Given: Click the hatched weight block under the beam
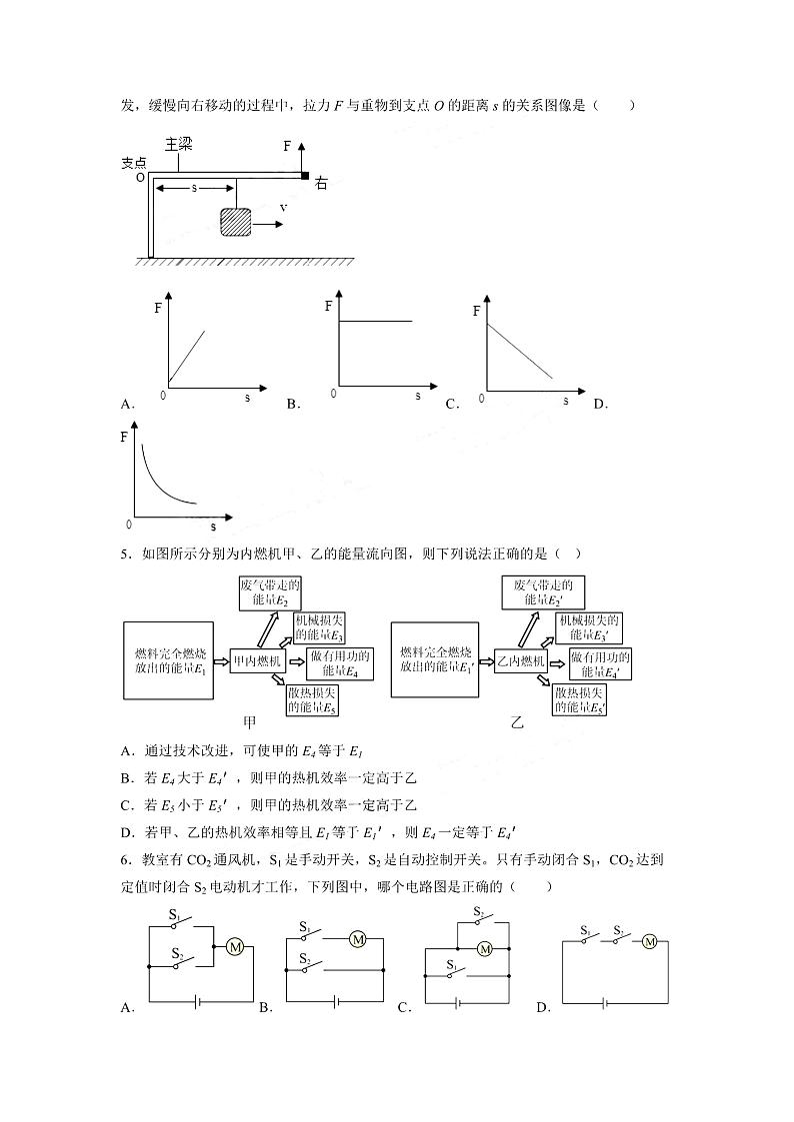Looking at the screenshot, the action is click(237, 222).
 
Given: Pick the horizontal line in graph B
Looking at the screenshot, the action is click(376, 321).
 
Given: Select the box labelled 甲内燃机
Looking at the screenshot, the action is click(257, 660).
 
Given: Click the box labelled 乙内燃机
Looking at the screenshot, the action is click(521, 661).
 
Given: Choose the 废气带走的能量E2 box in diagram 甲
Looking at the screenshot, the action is click(271, 593).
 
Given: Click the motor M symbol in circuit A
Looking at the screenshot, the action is click(236, 946).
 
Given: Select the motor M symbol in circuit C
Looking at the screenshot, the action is click(485, 949).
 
